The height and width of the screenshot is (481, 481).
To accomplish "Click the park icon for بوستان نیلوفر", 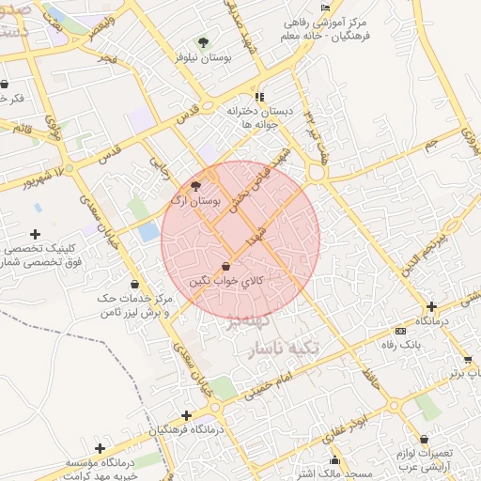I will click(x=203, y=42).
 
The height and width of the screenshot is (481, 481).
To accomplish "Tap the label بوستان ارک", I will click(x=196, y=201).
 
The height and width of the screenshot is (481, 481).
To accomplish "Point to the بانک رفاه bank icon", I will click(x=400, y=331).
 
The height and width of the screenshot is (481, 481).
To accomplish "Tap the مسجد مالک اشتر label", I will click(x=310, y=473).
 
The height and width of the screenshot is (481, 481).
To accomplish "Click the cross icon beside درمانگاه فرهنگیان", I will click(x=186, y=414).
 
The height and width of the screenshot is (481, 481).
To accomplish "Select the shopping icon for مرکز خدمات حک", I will click(x=134, y=283).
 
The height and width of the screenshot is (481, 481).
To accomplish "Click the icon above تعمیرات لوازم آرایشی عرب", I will click(x=425, y=439).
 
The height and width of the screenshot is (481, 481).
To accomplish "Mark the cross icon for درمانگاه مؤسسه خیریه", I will click(x=100, y=448).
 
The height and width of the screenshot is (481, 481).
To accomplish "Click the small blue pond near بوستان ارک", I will click(x=148, y=231).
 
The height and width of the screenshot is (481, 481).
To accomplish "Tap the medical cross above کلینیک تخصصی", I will click(x=35, y=234).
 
